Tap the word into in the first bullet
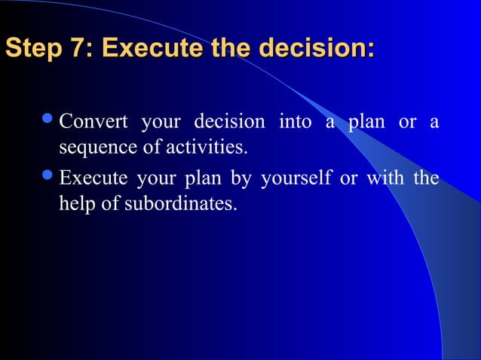pyautogui.click(x=295, y=121)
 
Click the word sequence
pyautogui.click(x=93, y=145)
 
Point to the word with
pyautogui.click(x=385, y=179)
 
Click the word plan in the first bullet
pyautogui.click(x=366, y=121)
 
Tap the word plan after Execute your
pyautogui.click(x=204, y=179)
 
